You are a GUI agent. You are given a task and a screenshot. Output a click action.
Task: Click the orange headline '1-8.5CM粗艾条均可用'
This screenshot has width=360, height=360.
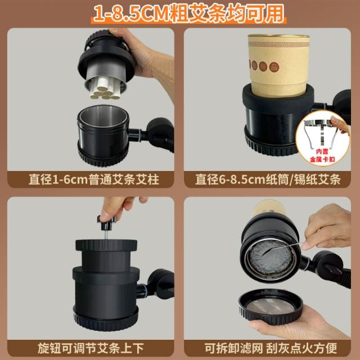[189, 13]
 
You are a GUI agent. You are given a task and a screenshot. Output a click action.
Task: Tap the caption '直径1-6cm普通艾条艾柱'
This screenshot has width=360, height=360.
[94, 179]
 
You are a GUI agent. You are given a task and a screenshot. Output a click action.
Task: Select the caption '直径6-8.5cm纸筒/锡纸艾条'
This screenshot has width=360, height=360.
[268, 179]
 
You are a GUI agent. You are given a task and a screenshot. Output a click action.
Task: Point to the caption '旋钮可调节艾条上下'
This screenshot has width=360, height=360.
[91, 348]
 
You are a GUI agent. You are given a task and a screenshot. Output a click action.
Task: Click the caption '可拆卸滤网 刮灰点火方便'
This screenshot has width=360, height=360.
[271, 348]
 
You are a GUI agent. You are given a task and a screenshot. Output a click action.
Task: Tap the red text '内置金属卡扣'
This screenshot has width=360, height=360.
[322, 155]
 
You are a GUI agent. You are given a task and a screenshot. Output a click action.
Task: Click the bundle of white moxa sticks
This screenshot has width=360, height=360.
[105, 88]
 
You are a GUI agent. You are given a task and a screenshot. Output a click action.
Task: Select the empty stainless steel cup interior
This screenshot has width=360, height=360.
[103, 116]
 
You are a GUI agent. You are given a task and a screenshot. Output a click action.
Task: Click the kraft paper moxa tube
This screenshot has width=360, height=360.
[278, 65]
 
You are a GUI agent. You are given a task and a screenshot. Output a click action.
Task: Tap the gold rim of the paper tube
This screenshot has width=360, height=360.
[278, 37]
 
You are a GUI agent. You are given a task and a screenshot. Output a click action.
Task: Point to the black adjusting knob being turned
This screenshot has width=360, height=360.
[106, 223]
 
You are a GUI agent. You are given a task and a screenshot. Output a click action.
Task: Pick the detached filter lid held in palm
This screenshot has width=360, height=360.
[271, 307]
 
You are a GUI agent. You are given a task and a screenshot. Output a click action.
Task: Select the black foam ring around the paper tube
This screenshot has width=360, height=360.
[278, 97]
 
